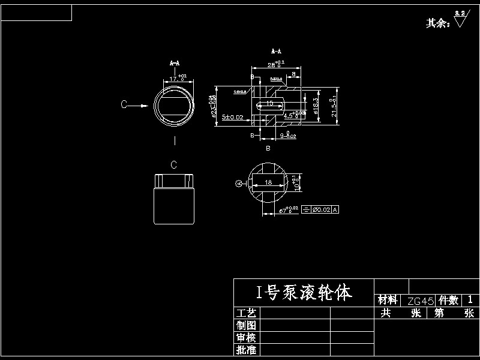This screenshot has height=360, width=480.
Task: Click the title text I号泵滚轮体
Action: click(304, 293)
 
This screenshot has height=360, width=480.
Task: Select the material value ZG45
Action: click(421, 300)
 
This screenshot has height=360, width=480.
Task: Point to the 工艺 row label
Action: click(246, 313)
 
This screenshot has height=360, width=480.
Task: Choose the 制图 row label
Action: click(246, 325)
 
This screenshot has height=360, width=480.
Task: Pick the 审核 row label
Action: click(246, 337)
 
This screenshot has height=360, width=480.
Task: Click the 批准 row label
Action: click(246, 350)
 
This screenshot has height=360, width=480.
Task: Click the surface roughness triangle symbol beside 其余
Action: click(460, 20)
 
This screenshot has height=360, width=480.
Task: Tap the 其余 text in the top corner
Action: click(437, 23)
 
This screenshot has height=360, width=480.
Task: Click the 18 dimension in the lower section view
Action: click(268, 182)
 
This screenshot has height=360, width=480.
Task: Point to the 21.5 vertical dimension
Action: click(334, 106)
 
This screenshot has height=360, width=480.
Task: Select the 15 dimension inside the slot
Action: click(270, 103)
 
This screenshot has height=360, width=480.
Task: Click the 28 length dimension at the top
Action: click(275, 64)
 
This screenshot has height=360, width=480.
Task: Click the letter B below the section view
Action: click(268, 148)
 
